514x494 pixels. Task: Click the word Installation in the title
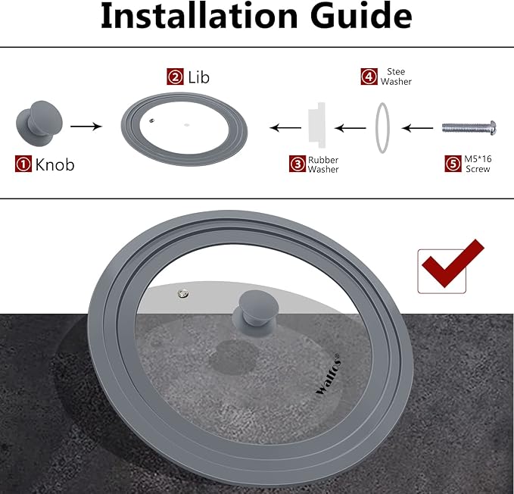199,16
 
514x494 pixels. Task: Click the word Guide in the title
361,16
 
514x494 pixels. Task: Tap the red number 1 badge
23,164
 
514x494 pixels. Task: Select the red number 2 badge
175,77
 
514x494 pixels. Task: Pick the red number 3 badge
297,164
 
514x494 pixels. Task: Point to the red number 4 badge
369,77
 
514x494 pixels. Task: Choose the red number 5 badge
453,164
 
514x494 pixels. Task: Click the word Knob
55,164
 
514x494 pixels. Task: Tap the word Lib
198,77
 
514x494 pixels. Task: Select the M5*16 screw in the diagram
469,127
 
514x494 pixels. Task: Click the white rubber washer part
316,125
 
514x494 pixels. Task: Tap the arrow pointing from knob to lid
86,127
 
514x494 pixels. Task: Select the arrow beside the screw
417,128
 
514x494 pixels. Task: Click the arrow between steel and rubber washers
350,128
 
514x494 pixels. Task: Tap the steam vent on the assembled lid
183,293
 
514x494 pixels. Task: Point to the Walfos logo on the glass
328,374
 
